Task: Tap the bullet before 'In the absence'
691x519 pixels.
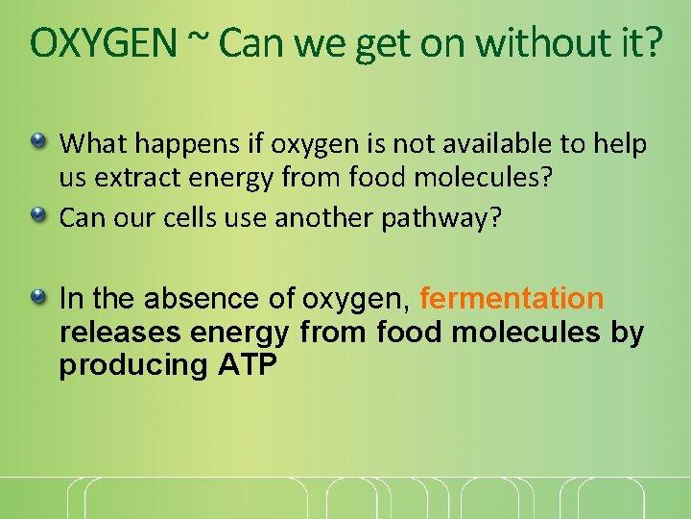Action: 39,299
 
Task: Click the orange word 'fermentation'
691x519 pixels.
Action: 512,299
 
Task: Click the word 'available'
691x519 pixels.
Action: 509,144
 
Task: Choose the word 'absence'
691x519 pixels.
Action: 211,299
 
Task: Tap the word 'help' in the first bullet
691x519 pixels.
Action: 623,145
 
